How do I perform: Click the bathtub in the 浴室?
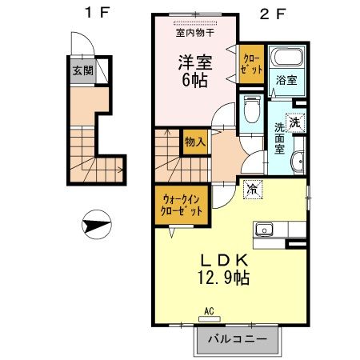[285, 59]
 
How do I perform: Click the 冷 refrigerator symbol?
[252, 190]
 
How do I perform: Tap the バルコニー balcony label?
[237, 338]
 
